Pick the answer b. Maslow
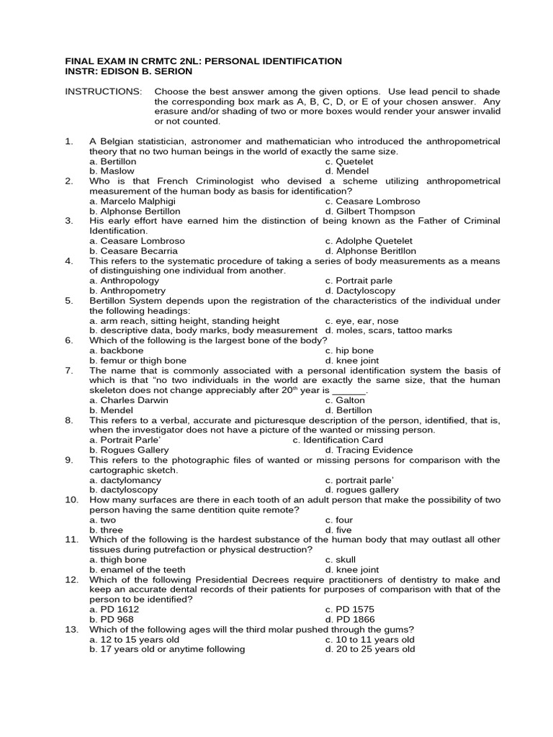tap(114, 172)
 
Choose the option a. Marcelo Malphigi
tap(135, 202)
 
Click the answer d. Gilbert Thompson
tap(369, 212)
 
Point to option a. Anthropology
tap(123, 281)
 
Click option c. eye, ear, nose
tap(361, 321)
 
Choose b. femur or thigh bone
tap(138, 361)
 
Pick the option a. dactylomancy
tap(125, 480)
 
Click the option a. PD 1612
tap(114, 609)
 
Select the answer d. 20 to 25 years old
tap(369, 649)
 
